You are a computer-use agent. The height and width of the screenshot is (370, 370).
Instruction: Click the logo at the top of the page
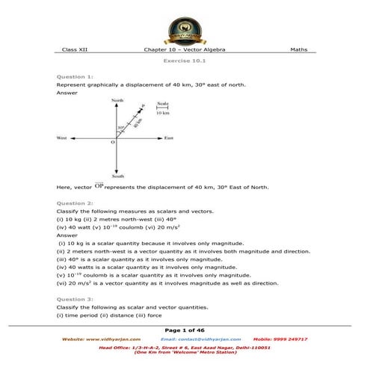(185, 23)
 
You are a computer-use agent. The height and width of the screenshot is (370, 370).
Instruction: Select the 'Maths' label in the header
(299, 49)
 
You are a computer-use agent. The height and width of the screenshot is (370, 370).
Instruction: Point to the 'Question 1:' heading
(74, 78)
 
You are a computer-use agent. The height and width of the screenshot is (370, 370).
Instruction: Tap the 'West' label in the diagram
(63, 138)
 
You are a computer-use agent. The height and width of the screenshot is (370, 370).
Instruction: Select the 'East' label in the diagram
(169, 138)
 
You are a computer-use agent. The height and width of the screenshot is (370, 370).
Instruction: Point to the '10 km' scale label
(163, 114)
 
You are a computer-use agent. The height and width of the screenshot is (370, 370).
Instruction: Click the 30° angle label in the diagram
(120, 128)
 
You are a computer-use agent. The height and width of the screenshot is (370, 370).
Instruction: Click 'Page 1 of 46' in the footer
(185, 330)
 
